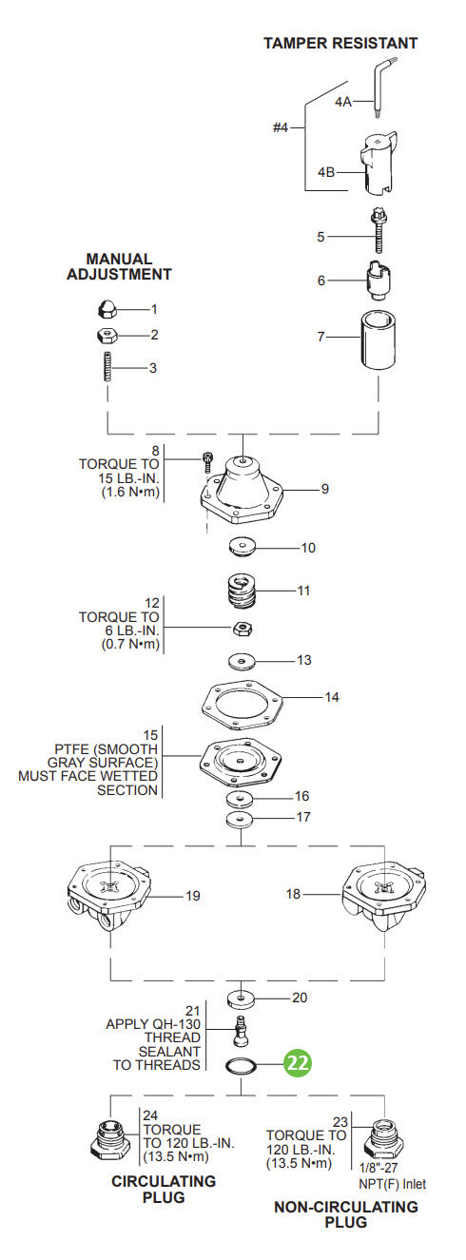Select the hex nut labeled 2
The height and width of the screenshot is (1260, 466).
107,335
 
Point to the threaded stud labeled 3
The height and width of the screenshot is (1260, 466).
107,367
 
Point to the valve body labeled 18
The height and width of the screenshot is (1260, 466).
380,899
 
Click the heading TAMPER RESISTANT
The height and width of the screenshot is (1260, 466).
340,43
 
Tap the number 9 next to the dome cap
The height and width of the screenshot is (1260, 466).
324,490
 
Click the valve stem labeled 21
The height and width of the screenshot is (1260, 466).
243,1030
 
